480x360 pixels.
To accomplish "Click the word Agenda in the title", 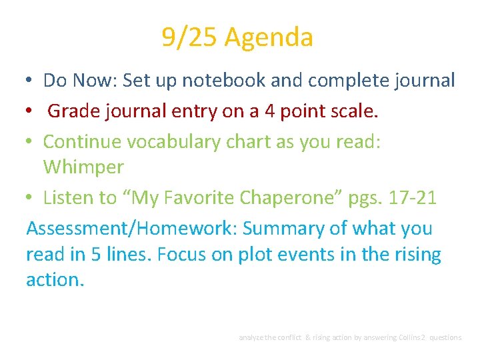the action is click(x=269, y=38).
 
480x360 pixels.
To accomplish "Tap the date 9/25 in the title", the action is click(x=189, y=37).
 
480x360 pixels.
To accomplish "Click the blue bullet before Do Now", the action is click(x=29, y=80).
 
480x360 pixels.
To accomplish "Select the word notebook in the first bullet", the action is click(x=224, y=80).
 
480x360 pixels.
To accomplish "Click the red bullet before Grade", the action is click(x=29, y=110).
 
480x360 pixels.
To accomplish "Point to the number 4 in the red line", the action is click(x=270, y=111).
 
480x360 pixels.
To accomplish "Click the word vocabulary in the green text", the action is click(x=173, y=143).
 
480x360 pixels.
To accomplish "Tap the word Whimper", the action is click(x=83, y=167).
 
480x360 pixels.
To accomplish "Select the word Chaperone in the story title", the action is click(x=287, y=198).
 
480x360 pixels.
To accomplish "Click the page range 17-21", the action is click(x=413, y=197).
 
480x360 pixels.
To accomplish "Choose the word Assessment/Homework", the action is click(x=129, y=229).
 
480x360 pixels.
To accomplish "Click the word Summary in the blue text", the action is click(x=283, y=229).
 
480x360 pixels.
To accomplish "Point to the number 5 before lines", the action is click(x=96, y=254).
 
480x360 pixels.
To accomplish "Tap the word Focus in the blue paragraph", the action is click(x=181, y=254).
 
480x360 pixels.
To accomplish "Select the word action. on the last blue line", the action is click(x=55, y=280).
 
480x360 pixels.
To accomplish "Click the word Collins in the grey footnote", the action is click(x=411, y=337).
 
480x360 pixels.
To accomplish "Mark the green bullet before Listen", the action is click(x=29, y=197).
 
